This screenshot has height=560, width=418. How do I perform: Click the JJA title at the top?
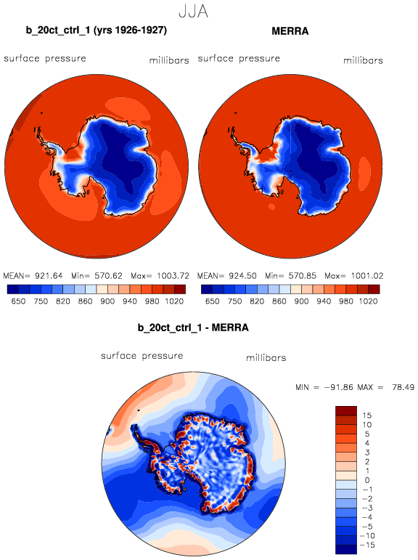click(x=193, y=11)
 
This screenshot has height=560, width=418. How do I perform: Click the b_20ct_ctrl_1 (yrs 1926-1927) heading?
click(x=97, y=31)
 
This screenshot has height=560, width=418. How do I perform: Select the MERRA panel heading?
click(x=290, y=31)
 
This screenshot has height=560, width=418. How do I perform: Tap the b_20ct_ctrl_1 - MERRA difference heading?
click(x=193, y=328)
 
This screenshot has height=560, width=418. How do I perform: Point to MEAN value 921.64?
click(x=49, y=276)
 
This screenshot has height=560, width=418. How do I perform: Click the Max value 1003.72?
click(x=173, y=276)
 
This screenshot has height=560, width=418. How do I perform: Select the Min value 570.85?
click(x=303, y=276)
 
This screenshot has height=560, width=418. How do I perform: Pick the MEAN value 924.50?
click(x=242, y=276)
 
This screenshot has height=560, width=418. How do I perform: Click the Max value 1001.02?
click(x=367, y=276)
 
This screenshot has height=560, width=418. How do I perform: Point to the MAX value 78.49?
click(x=403, y=387)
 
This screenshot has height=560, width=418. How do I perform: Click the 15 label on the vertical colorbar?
click(x=367, y=415)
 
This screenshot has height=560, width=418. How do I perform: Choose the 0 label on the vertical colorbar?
click(x=367, y=480)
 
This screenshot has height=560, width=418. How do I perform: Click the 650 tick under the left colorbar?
click(x=18, y=301)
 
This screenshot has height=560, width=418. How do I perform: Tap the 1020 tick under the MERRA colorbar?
click(x=369, y=301)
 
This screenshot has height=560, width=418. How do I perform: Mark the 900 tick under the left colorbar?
click(x=107, y=301)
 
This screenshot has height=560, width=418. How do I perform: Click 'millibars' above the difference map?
click(x=266, y=358)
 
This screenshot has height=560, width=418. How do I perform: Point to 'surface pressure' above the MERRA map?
click(x=239, y=59)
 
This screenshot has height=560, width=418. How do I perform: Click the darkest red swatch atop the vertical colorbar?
click(x=346, y=410)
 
